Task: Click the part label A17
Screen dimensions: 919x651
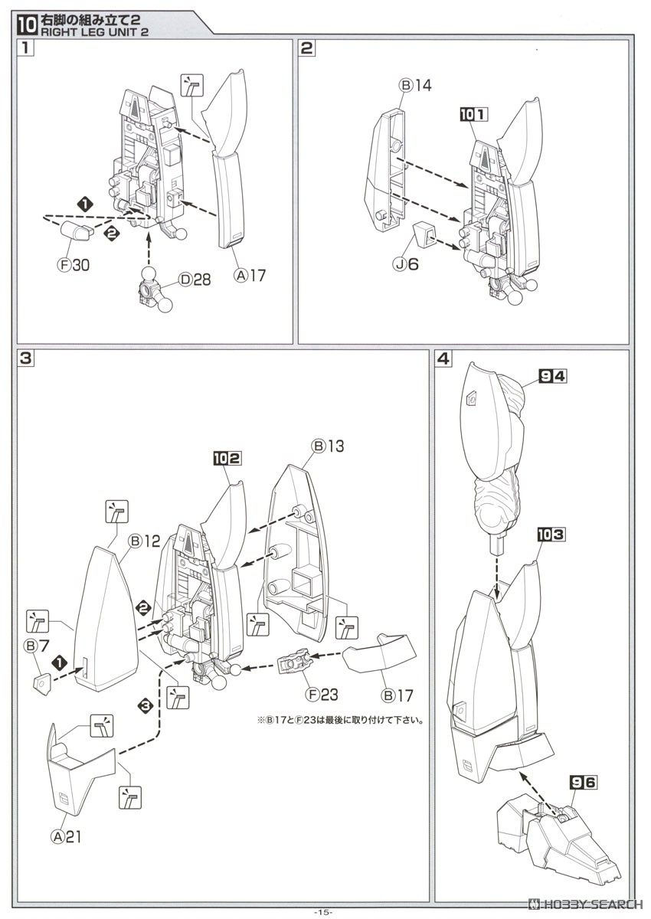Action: coord(249,274)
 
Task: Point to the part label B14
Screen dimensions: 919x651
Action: coord(415,85)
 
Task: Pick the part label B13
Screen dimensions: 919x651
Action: coord(327,446)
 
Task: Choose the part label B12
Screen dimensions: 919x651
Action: coord(143,541)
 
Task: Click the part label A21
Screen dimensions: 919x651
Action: coord(66,836)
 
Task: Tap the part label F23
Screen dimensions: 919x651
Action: coord(320,695)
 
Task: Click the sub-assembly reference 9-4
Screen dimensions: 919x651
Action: coord(554,376)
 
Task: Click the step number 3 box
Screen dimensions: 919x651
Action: coord(26,359)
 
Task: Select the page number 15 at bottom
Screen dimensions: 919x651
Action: coord(325,911)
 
